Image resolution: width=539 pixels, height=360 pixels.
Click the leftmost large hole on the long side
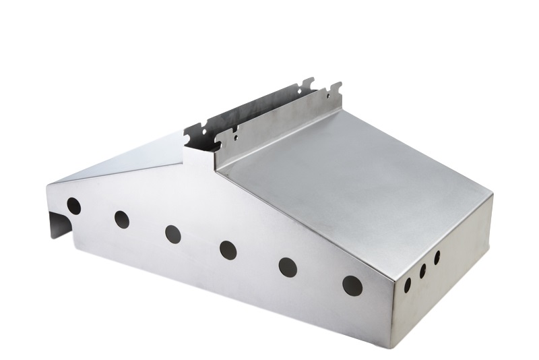[73, 206]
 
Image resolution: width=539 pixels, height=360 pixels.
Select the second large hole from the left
[122, 219]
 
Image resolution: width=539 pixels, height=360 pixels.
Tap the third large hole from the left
[173, 234]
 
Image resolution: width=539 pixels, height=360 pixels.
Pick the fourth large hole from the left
[228, 250]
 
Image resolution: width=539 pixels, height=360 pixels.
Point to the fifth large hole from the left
[288, 267]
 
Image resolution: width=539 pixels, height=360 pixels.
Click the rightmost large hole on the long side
[352, 285]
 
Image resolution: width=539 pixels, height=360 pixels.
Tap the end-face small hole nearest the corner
[408, 284]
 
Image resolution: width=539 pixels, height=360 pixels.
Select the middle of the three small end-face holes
[423, 271]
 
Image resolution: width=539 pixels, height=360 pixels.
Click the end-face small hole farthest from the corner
[437, 258]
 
